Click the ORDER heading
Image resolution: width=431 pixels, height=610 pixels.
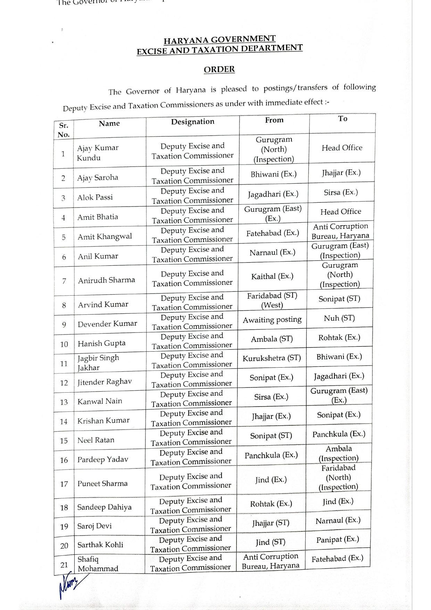click(x=219, y=69)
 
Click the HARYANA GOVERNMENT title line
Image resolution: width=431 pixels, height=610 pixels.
click(x=219, y=40)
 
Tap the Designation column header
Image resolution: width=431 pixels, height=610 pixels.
click(x=192, y=122)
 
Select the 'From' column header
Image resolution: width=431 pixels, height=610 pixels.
click(x=274, y=120)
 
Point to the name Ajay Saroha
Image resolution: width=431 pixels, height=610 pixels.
click(x=98, y=178)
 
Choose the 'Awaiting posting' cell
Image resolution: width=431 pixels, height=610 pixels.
click(x=272, y=320)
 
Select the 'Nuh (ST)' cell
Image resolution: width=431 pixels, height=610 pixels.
click(x=339, y=318)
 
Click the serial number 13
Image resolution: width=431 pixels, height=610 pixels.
click(x=64, y=402)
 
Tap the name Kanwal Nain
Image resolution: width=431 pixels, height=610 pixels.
click(x=100, y=401)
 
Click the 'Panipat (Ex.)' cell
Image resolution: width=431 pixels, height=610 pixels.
click(x=338, y=540)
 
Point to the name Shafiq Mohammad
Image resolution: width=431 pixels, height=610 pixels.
click(x=98, y=564)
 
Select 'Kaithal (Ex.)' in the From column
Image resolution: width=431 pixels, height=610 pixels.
click(x=272, y=276)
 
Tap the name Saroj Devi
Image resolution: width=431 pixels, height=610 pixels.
click(x=94, y=526)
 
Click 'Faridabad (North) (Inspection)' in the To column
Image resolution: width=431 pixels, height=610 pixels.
click(x=338, y=477)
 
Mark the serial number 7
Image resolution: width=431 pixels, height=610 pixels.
click(x=64, y=281)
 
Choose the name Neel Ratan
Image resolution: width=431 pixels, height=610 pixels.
click(x=96, y=440)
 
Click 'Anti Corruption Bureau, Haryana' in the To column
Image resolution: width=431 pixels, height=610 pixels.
click(x=340, y=231)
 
